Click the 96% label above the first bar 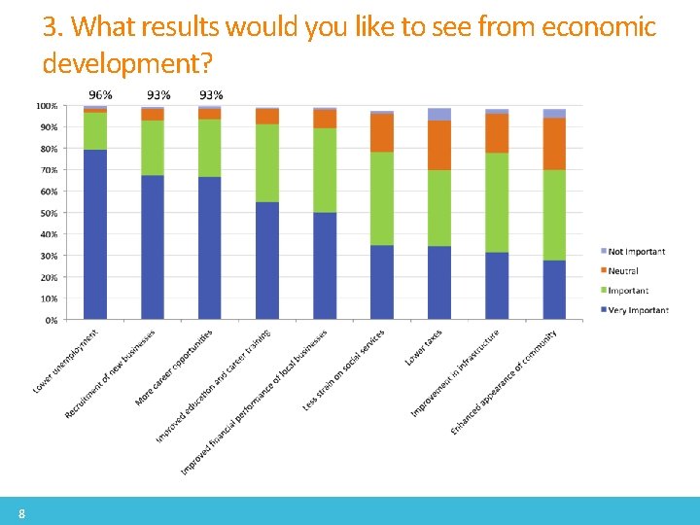coord(100,94)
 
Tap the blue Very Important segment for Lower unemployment coord(95,233)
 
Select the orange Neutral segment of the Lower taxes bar coord(439,145)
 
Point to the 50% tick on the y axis coord(47,213)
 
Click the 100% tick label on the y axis coord(46,105)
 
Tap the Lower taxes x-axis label coord(424,347)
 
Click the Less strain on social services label coord(343,369)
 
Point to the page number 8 coord(21,512)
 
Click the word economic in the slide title coord(600,27)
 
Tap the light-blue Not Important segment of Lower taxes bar coord(439,114)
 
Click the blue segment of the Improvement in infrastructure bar coord(497,285)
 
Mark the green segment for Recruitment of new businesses coord(153,148)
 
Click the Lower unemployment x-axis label coord(65,361)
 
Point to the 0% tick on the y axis coord(49,320)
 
